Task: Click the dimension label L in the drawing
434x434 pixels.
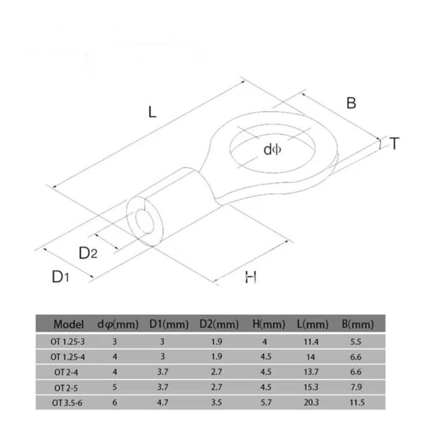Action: (x=153, y=112)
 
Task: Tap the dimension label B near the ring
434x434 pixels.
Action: (x=351, y=103)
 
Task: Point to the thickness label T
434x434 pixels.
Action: (x=394, y=143)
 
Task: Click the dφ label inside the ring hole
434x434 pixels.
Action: (x=272, y=149)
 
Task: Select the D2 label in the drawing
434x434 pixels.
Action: (x=88, y=253)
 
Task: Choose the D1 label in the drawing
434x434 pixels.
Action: (x=60, y=277)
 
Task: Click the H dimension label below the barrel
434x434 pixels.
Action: (x=251, y=277)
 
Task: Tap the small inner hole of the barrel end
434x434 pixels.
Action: (x=145, y=221)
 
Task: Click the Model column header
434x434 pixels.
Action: (x=68, y=324)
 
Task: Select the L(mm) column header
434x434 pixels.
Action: (x=312, y=324)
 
